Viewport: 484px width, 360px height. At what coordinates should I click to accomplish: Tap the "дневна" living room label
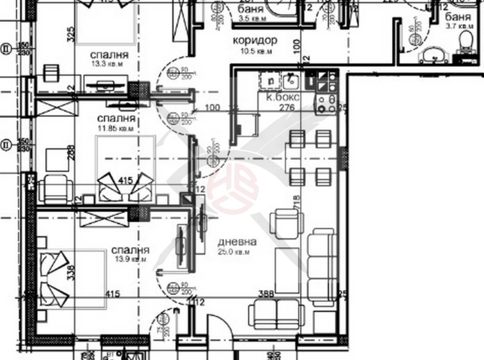pyautogui.click(x=237, y=242)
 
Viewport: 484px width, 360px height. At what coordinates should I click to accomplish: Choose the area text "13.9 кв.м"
pyautogui.click(x=130, y=260)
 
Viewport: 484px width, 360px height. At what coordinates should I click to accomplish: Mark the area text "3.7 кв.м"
pyautogui.click(x=458, y=27)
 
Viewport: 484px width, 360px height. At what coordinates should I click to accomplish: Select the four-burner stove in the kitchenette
pyautogui.click(x=326, y=101)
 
